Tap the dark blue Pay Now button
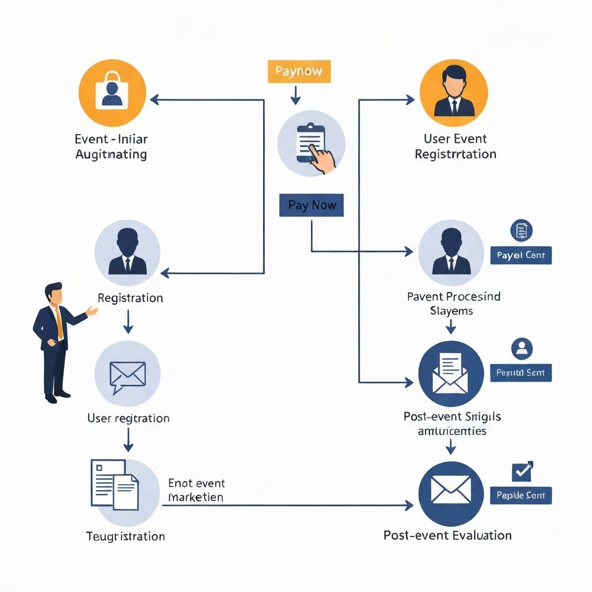[x=312, y=206]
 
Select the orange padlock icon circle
[x=112, y=93]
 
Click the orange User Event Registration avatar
[x=454, y=93]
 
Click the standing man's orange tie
[x=59, y=324]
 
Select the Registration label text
[x=130, y=298]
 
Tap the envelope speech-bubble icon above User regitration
[x=127, y=375]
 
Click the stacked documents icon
[x=116, y=484]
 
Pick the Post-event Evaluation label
[x=447, y=535]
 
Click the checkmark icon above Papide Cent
[x=523, y=471]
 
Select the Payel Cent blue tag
[x=521, y=255]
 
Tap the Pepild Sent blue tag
[x=521, y=373]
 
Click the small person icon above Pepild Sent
[x=522, y=348]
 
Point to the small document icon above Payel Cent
[x=521, y=230]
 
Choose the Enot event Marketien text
[x=197, y=490]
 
